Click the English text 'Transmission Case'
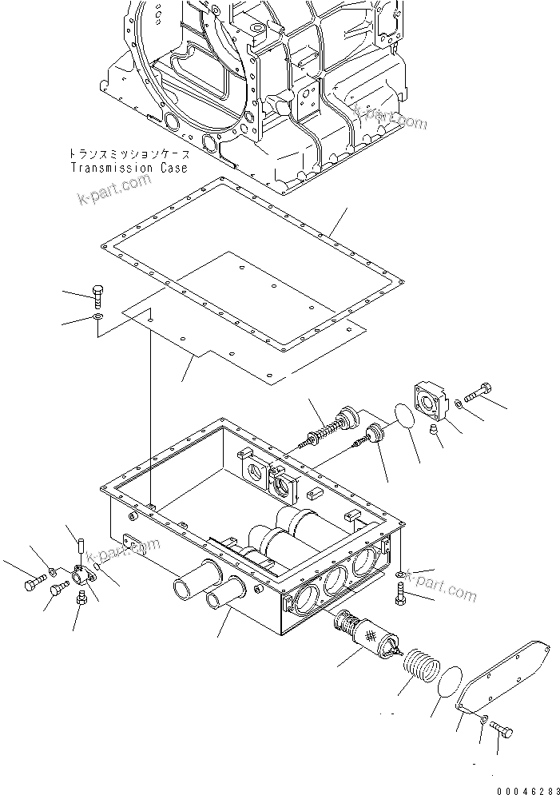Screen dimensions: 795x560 [x=129, y=168]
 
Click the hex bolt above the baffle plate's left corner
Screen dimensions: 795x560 [x=97, y=294]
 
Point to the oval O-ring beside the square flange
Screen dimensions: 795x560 [x=404, y=418]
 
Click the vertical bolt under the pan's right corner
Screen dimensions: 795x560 [x=401, y=594]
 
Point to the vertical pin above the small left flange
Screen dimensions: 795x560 [x=81, y=547]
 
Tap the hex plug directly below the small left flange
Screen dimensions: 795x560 [x=80, y=600]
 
